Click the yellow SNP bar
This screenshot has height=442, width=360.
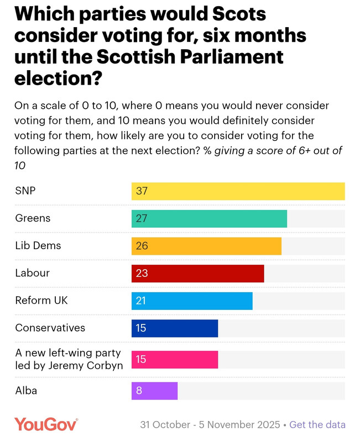pos(238,191)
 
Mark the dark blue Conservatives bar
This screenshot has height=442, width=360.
pos(175,328)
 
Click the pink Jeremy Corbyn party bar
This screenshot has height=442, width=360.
pos(175,359)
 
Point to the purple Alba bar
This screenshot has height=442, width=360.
pos(154,391)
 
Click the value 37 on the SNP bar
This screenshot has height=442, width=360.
pos(142,191)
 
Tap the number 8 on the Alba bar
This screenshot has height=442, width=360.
pos(139,391)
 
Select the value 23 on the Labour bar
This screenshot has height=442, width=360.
pos(142,273)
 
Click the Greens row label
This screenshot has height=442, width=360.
pos(33,218)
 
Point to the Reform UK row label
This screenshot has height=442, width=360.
pos(41,301)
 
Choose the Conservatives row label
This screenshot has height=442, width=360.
pos(50,328)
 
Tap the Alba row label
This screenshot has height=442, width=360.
pos(26,391)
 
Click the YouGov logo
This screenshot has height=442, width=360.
pos(46,424)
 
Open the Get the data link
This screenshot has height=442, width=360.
pos(317,425)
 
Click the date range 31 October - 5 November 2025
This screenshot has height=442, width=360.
pos(210,425)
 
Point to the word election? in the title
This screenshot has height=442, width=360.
pos(59,77)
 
